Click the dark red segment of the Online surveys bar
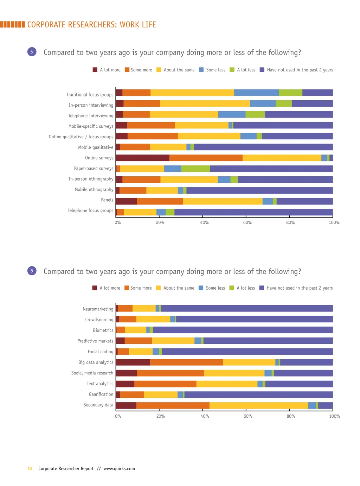click(x=142, y=158)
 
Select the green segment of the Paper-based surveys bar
click(x=195, y=169)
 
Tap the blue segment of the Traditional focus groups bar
click(x=256, y=93)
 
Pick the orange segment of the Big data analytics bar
click(x=186, y=362)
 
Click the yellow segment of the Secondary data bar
click(x=259, y=405)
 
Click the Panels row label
click(x=107, y=200)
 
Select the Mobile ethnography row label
click(x=94, y=189)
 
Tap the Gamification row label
click(x=101, y=394)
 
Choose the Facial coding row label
click(x=100, y=352)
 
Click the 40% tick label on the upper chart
click(x=204, y=222)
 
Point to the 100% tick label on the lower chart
click(x=334, y=416)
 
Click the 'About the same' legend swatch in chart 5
click(x=159, y=70)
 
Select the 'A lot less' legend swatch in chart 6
click(x=232, y=288)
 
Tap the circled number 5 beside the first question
click(x=32, y=52)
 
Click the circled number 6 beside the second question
click(x=32, y=271)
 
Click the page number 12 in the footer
click(x=30, y=468)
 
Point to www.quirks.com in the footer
click(x=119, y=468)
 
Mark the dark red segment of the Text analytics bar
click(x=125, y=384)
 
